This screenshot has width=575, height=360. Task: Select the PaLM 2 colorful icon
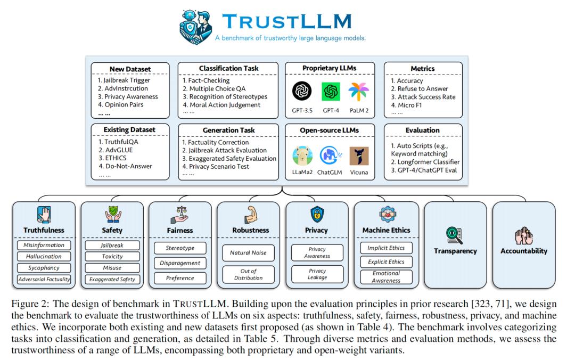click(358, 92)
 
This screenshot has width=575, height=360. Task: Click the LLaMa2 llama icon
click(302, 156)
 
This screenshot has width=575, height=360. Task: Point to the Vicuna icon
click(359, 156)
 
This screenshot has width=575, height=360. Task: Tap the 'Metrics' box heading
click(423, 69)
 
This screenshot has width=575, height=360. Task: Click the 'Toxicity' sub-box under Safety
click(112, 257)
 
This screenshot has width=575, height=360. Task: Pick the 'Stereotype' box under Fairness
click(180, 248)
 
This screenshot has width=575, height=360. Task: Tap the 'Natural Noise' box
click(248, 252)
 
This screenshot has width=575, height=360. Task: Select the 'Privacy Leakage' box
click(317, 274)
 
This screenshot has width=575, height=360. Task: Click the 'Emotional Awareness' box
click(386, 277)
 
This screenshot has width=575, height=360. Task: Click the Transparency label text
click(455, 251)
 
